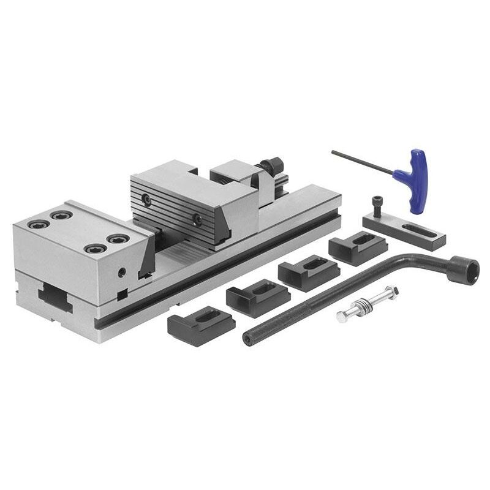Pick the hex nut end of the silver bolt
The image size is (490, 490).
click(x=342, y=316)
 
